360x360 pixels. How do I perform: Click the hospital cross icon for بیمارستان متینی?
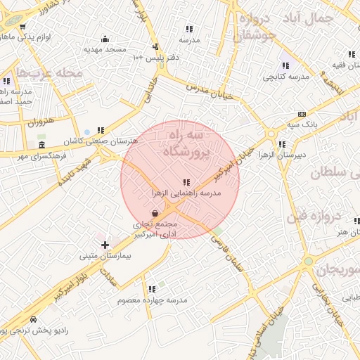tap(105, 245)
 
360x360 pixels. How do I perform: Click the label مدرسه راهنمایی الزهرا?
tap(186, 192)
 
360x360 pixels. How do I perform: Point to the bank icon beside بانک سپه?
tap(302, 114)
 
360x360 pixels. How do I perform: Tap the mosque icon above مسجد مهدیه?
tap(105, 39)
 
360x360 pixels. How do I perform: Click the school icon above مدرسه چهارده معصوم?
tap(152, 289)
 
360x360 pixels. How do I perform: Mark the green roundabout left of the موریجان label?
tap(308, 262)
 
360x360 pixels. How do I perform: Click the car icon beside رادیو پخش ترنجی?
tap(35, 319)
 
